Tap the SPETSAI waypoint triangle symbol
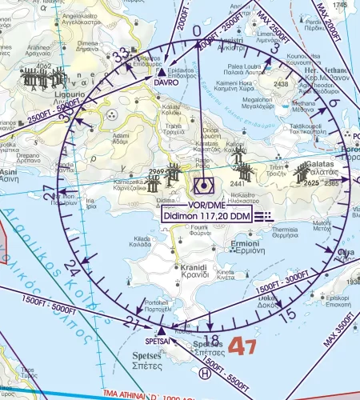tap(162, 330)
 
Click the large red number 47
tap(242, 346)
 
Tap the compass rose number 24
tap(72, 265)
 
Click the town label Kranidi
tap(194, 268)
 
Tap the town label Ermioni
tap(246, 243)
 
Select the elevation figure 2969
tap(156, 171)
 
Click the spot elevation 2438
tap(281, 83)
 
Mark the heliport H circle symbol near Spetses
tap(206, 372)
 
